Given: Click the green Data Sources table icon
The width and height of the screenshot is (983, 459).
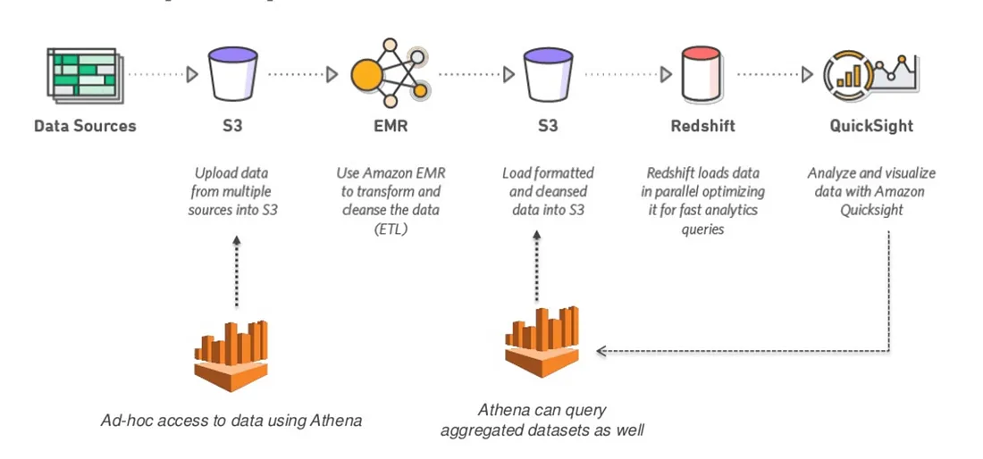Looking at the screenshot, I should click(x=84, y=75).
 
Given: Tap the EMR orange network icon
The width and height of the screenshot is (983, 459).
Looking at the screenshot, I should click(x=390, y=75).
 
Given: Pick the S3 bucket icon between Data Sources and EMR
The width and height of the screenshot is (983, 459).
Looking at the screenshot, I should click(x=232, y=75).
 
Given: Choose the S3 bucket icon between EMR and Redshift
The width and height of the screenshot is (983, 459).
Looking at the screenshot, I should click(x=548, y=75).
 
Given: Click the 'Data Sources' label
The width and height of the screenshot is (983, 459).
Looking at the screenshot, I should click(x=85, y=126).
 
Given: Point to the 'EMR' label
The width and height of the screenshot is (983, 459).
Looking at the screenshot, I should click(x=391, y=126).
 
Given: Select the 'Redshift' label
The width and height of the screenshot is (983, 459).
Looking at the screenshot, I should click(x=702, y=126).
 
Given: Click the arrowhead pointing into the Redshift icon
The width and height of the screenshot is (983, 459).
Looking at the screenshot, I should click(x=665, y=75).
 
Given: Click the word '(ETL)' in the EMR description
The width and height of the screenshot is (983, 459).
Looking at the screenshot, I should click(x=390, y=229).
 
